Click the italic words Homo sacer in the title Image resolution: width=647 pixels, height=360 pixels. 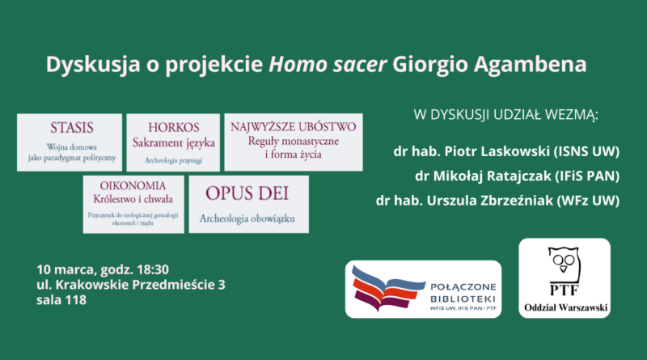point(328,65)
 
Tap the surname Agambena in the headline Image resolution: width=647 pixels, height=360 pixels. point(530,66)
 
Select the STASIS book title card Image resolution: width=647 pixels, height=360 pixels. point(70,142)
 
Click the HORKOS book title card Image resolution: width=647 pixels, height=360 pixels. point(173,142)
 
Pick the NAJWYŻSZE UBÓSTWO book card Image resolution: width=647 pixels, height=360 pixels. point(294,142)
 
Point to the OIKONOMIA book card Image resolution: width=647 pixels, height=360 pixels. point(133,205)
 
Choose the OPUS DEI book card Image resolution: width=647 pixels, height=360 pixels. point(249,205)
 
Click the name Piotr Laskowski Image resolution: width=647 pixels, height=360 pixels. point(497,151)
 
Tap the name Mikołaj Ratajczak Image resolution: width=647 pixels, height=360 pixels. point(492,176)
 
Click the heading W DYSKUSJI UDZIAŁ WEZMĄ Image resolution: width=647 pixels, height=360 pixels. point(506,115)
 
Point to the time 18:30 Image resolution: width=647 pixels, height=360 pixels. point(153,269)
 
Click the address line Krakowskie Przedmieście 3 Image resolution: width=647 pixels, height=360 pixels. point(140,285)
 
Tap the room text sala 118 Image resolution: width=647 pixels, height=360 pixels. point(61,299)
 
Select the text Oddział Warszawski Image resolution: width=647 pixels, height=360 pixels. point(565,307)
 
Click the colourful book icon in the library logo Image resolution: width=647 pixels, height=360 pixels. point(387,289)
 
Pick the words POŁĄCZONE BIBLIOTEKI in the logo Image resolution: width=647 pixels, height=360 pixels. point(463,293)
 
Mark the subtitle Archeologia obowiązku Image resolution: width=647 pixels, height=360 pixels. point(247,218)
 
